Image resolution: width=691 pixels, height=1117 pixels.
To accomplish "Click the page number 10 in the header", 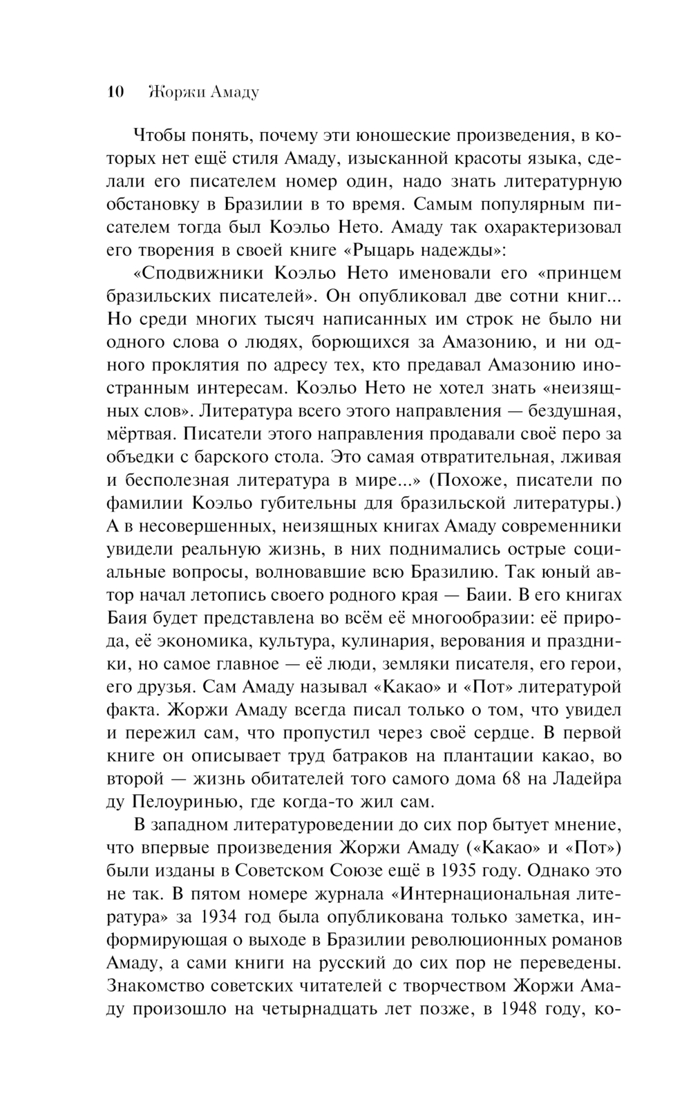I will (115, 92).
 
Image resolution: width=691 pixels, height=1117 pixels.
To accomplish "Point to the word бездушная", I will (571, 411).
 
